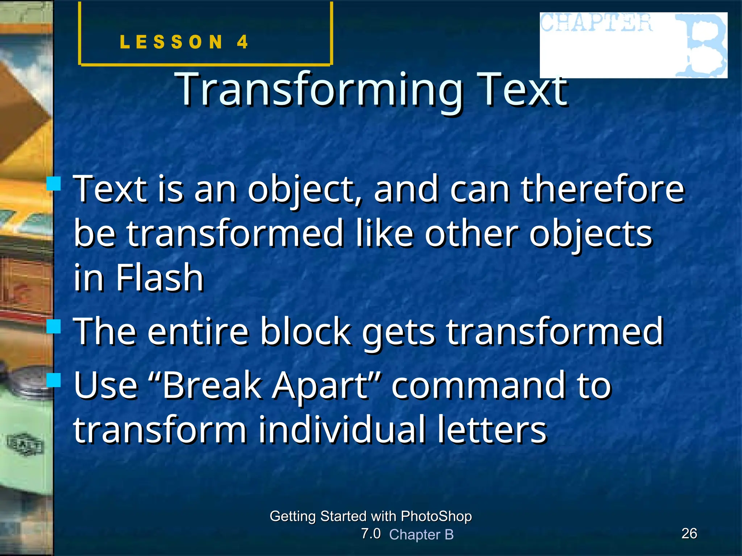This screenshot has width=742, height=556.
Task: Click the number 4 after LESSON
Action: coord(242,42)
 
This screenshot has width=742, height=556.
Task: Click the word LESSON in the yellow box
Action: coord(171,42)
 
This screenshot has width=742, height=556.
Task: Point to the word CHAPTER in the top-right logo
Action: coord(596,23)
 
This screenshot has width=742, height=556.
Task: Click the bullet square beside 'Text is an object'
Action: coord(54,183)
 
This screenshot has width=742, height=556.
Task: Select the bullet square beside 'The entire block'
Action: coord(54,326)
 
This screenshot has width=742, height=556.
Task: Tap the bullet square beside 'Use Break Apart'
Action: coord(54,380)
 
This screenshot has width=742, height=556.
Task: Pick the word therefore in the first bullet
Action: coord(603,189)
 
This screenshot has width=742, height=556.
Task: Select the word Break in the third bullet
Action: coord(212,386)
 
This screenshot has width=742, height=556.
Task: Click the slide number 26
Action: coord(689,533)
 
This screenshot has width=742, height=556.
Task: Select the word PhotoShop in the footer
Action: coord(436,516)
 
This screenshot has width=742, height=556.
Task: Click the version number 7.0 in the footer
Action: coord(371,533)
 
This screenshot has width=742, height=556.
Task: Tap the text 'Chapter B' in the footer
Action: coord(421,534)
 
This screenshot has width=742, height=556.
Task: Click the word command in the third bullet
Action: coord(479,386)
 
